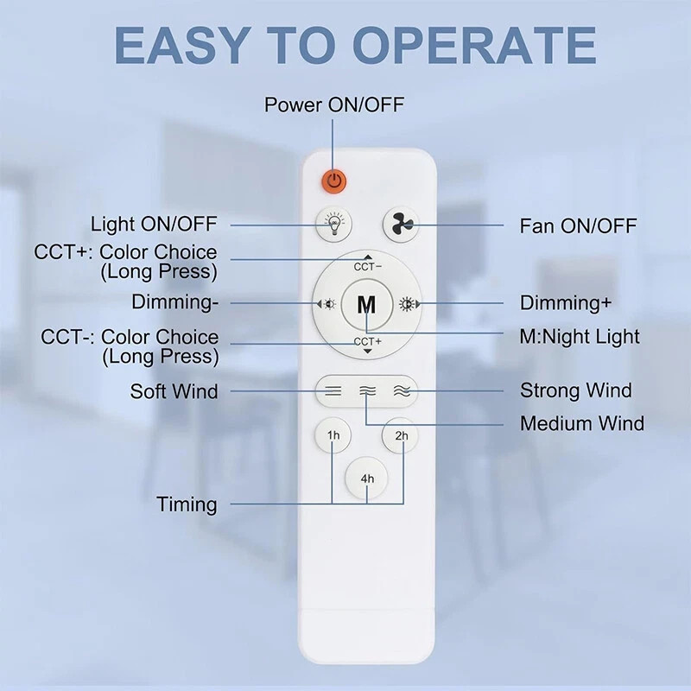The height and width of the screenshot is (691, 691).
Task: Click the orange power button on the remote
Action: pos(334,181)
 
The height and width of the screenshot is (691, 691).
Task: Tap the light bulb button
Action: pos(333,223)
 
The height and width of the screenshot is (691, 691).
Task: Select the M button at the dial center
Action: pos(367,304)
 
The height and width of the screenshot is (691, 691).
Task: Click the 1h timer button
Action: pos(333,435)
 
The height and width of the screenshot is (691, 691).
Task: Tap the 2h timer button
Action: pos(401,435)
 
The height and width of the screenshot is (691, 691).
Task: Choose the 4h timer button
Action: pos(367,478)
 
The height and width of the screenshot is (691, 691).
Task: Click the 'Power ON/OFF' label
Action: pos(334,105)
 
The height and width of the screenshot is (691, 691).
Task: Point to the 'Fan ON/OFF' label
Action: pos(578,226)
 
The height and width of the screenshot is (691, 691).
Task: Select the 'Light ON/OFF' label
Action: pos(154,225)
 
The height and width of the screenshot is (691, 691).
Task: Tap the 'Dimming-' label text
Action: pos(175,302)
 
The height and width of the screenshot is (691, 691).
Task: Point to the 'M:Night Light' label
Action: pos(580,337)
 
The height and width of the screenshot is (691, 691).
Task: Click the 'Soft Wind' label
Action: pos(174,391)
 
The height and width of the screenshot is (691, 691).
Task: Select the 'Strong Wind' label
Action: pos(575,390)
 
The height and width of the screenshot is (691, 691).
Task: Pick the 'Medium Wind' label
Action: pos(581,424)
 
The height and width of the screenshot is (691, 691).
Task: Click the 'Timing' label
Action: pos(187,504)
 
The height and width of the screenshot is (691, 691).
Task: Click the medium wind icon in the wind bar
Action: pos(367,390)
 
